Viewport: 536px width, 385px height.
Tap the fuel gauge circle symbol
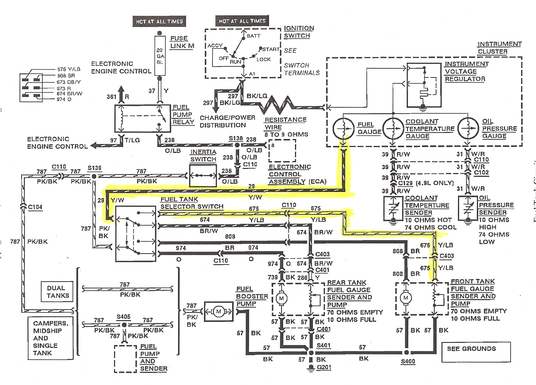tap(344, 128)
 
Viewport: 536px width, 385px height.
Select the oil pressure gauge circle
tap(468, 128)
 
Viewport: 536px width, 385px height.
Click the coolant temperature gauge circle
tap(393, 128)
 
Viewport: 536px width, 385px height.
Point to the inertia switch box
tap(203, 176)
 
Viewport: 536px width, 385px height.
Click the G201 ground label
tap(324, 367)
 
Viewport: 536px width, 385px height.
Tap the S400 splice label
tap(408, 361)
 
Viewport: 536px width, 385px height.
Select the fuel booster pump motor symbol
tap(218, 311)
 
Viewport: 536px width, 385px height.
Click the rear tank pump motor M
tap(281, 298)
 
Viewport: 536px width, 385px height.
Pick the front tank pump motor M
tap(406, 298)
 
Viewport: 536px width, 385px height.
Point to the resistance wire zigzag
tap(276, 105)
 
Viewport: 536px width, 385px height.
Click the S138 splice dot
tap(237, 145)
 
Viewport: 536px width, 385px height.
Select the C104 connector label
tap(35, 207)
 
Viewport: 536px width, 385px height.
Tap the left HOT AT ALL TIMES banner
tap(159, 22)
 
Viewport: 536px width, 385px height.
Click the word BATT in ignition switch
tap(254, 36)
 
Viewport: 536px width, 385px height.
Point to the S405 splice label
tap(123, 317)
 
